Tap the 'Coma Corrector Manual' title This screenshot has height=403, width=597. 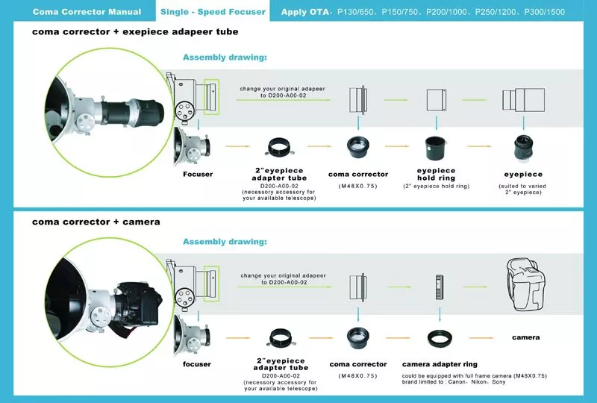[x=87, y=12]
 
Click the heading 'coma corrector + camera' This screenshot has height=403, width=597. [x=96, y=222]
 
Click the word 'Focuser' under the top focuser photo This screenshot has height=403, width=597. [x=198, y=174]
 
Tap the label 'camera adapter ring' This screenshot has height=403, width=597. [x=439, y=364]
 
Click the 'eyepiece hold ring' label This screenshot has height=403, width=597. [x=436, y=174]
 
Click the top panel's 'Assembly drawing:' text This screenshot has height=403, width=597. [x=225, y=57]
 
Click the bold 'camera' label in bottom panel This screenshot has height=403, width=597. [x=525, y=338]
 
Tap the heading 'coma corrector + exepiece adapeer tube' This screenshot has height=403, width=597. [x=135, y=33]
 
